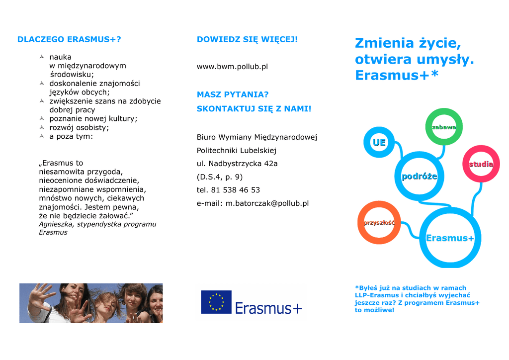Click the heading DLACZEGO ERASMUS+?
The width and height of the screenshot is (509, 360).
pyautogui.click(x=69, y=39)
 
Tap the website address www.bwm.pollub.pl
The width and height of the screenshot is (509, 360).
pyautogui.click(x=232, y=67)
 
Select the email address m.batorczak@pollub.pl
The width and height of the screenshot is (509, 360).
pyautogui.click(x=267, y=203)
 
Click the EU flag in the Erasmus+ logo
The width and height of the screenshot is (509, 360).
pyautogui.click(x=216, y=302)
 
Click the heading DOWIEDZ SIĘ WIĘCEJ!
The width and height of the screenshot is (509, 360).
pyautogui.click(x=247, y=39)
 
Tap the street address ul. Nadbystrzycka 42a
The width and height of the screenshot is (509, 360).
pyautogui.click(x=237, y=164)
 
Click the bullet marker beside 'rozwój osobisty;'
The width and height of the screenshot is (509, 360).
pyautogui.click(x=42, y=127)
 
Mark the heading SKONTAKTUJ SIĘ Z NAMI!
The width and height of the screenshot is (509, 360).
pyautogui.click(x=254, y=109)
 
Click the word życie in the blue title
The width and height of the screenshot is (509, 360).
pyautogui.click(x=440, y=43)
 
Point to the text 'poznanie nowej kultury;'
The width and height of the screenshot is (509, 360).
pyautogui.click(x=93, y=119)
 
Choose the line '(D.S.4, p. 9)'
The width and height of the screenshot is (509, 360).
pyautogui.click(x=220, y=177)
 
